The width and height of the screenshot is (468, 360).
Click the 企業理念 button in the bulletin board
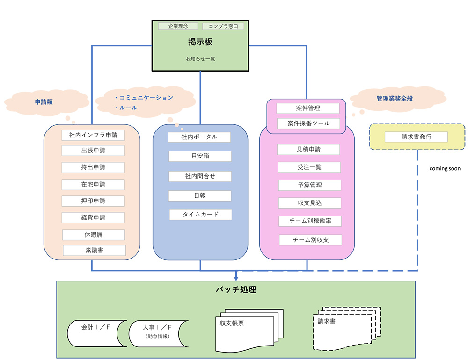click(178, 27)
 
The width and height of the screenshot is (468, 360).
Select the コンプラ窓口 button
click(223, 27)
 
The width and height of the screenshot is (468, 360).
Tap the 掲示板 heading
click(200, 42)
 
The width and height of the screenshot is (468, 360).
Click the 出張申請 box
click(93, 151)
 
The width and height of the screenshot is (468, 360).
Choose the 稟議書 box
click(95, 250)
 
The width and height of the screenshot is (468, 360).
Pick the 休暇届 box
click(94, 234)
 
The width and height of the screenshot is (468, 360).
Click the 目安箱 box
click(200, 156)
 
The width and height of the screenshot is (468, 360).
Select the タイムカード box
click(200, 215)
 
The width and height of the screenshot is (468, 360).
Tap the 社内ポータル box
click(199, 137)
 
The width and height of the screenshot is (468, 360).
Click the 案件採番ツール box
click(307, 123)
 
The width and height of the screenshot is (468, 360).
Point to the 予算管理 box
click(309, 185)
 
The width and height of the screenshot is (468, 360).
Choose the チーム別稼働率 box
click(310, 221)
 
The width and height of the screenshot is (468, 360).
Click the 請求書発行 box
click(416, 137)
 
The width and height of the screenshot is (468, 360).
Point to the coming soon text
click(445, 168)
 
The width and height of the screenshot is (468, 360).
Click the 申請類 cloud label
click(44, 101)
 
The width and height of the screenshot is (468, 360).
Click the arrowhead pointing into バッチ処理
click(236, 279)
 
